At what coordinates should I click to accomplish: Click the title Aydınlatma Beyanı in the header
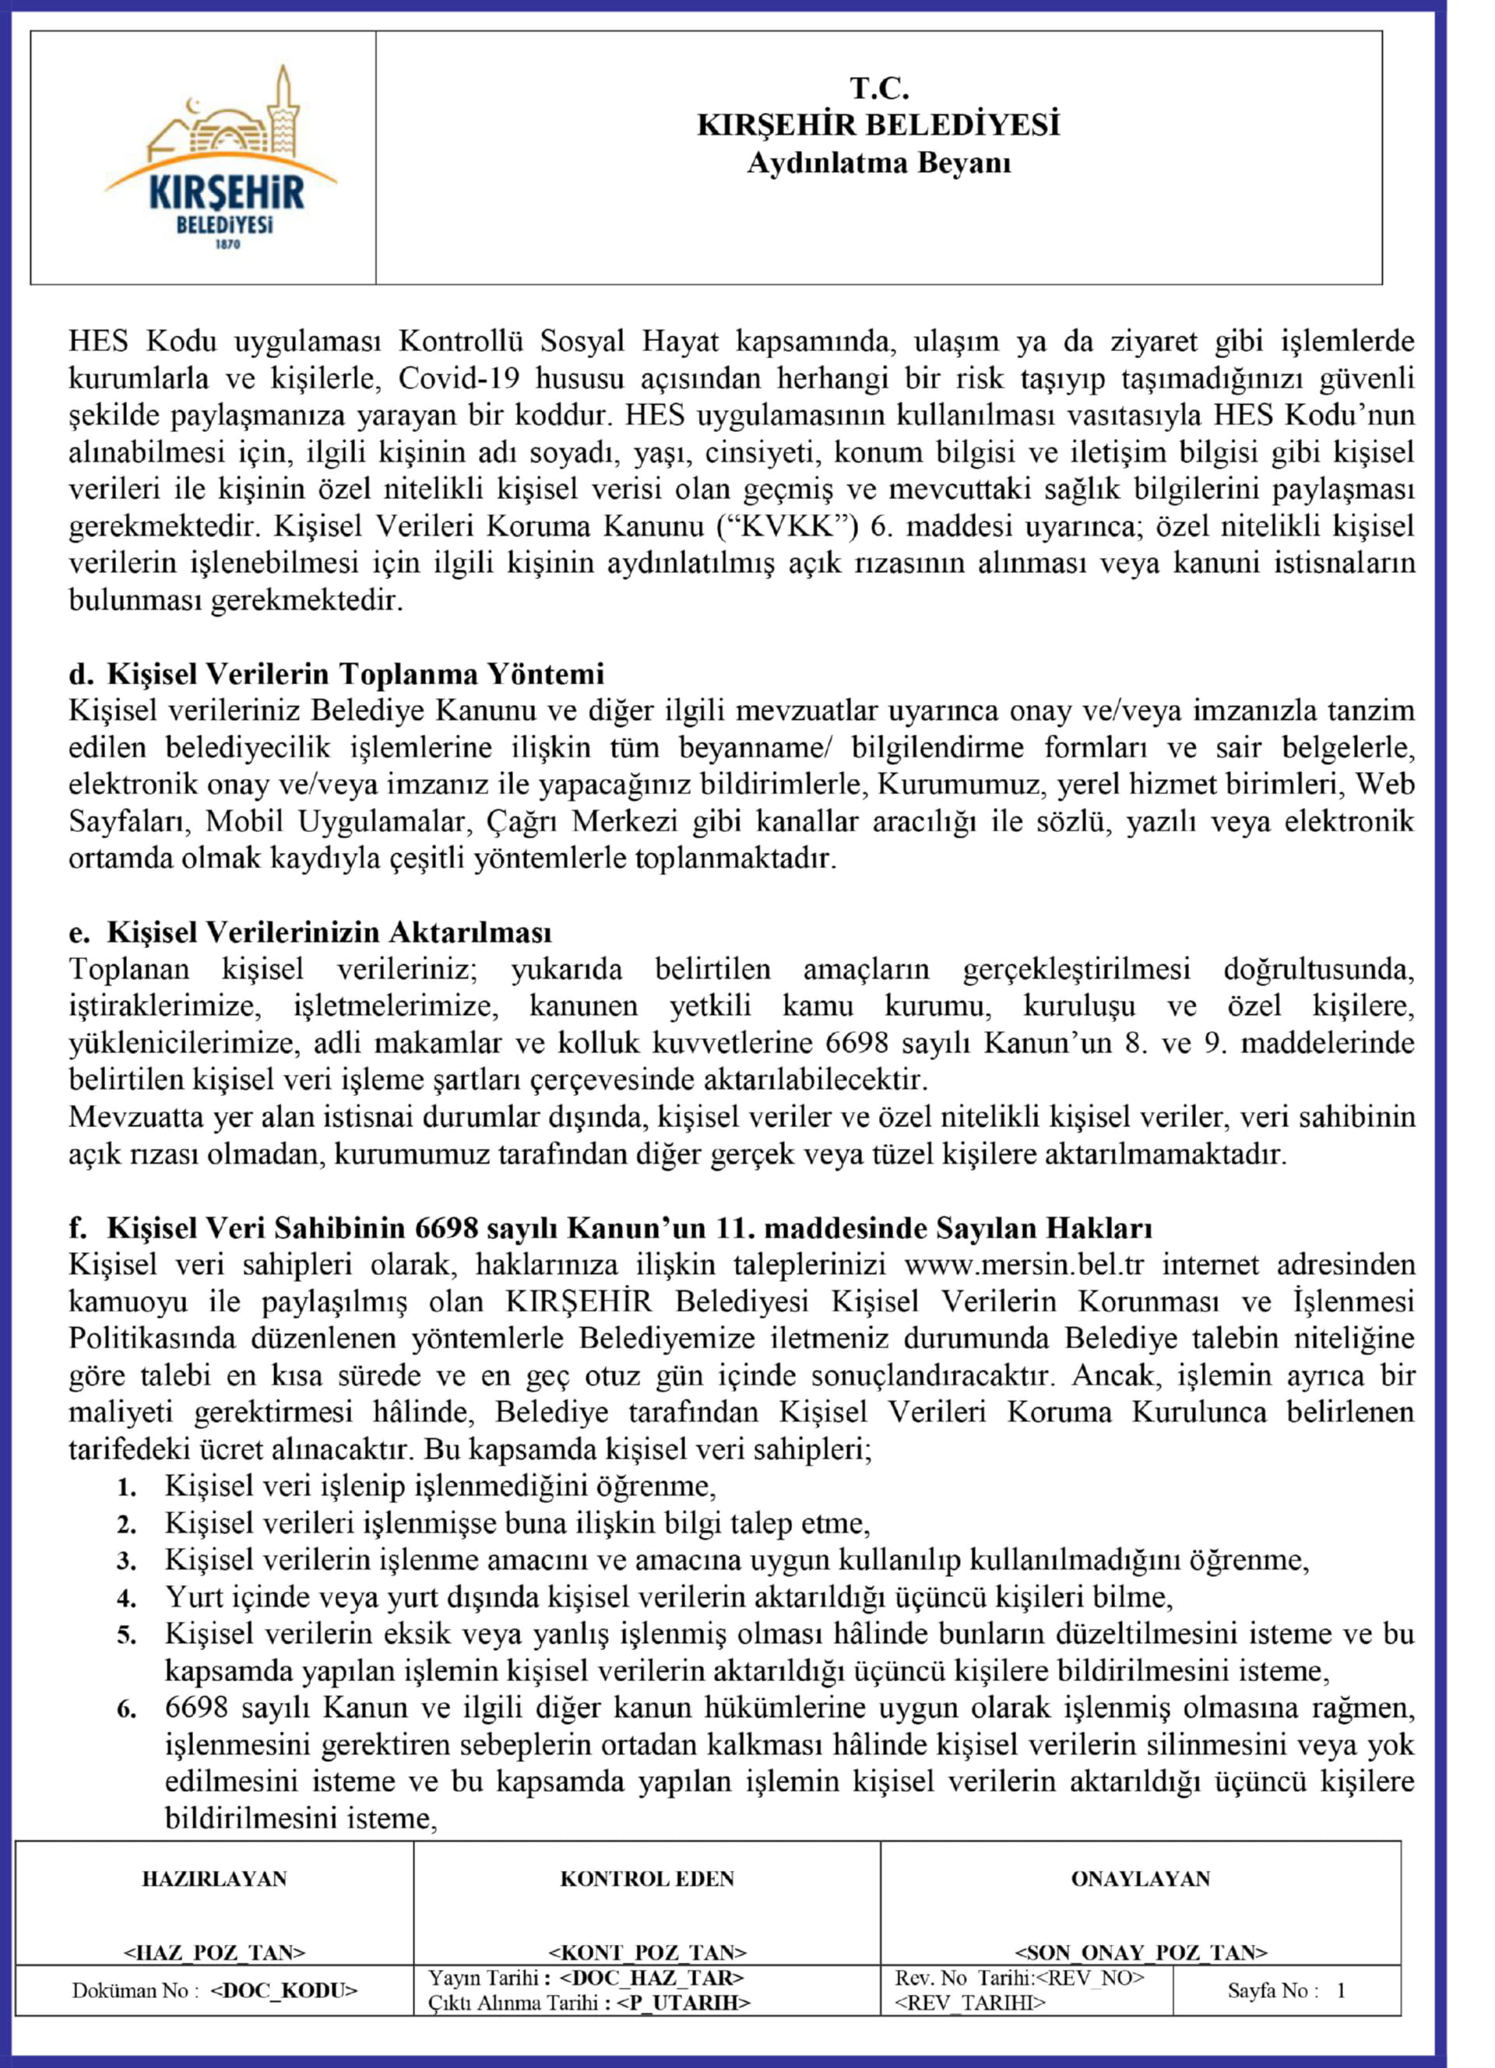[x=878, y=164]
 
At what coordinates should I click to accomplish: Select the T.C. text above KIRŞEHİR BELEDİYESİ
[x=879, y=89]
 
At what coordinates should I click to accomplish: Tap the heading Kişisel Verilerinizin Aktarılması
[x=329, y=932]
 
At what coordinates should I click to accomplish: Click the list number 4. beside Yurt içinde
[x=127, y=1599]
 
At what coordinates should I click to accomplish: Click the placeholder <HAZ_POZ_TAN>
[x=214, y=1952]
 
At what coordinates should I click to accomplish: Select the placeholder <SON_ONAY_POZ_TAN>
[x=1140, y=1952]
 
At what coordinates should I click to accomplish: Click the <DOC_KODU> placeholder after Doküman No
[x=283, y=1990]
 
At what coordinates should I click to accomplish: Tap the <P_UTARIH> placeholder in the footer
[x=682, y=2003]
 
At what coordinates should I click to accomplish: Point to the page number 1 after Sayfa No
[x=1341, y=1990]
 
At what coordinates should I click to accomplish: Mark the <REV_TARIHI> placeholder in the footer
[x=969, y=2003]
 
